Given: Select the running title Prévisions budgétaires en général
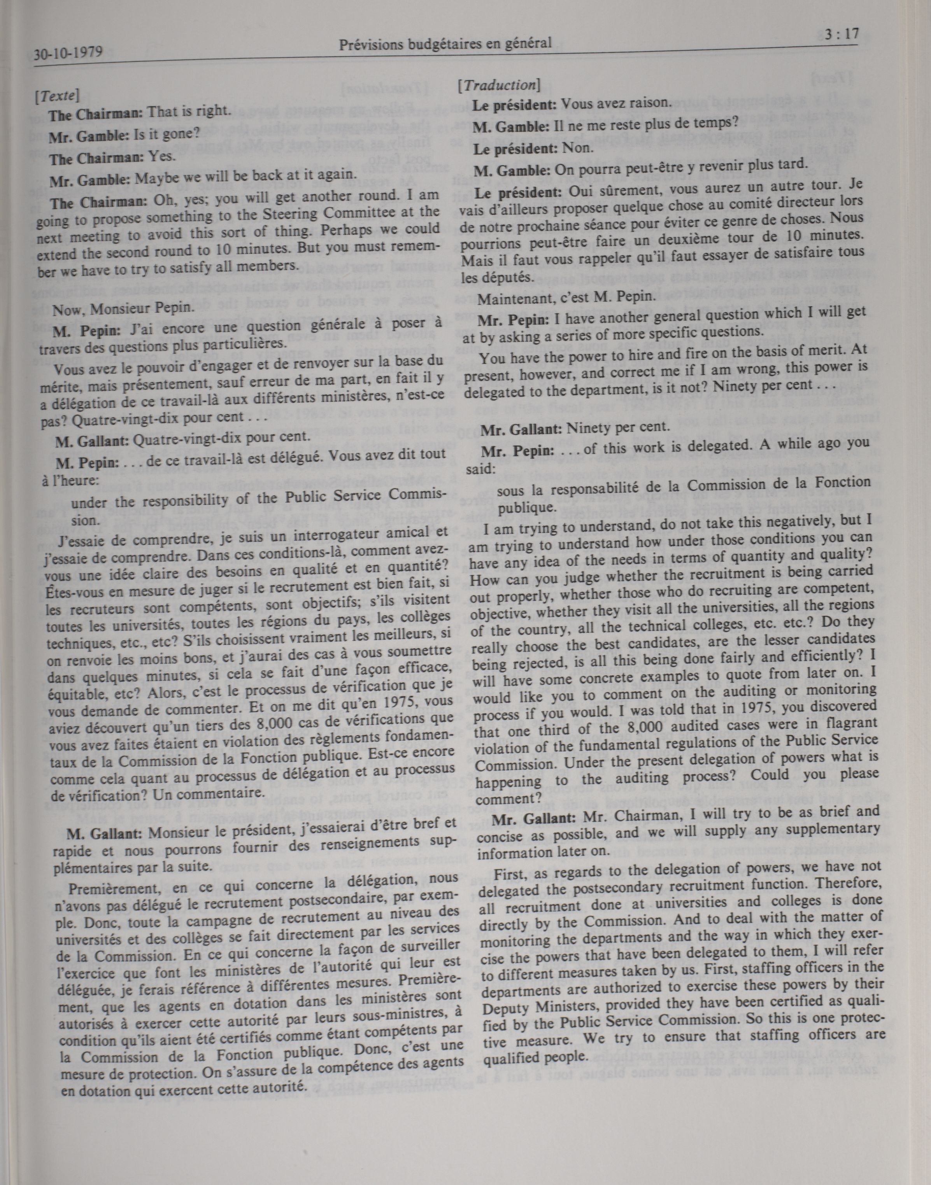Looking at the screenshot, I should (445, 44).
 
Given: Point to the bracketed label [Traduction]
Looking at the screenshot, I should (499, 86).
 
